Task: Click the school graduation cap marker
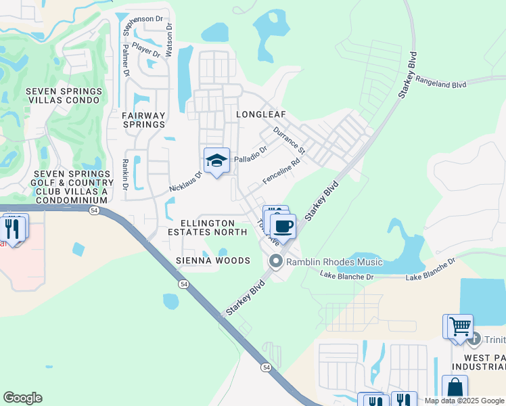tap(216, 161)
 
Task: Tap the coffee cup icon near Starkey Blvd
tap(283, 226)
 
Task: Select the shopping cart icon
tap(459, 326)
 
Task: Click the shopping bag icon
tap(455, 388)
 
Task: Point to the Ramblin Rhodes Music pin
tap(275, 261)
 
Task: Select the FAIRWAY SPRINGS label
tap(143, 120)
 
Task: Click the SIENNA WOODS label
tap(213, 261)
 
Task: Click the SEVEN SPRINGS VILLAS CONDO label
tap(64, 95)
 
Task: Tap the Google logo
tap(22, 398)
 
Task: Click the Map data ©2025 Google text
tap(465, 401)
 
